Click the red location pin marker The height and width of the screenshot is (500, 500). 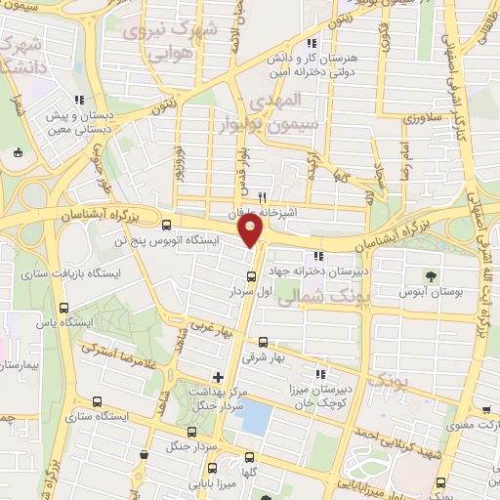pyautogui.click(x=251, y=230)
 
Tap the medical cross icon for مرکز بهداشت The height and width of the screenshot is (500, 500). pyautogui.click(x=217, y=376)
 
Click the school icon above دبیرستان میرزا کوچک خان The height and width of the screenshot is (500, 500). pyautogui.click(x=319, y=374)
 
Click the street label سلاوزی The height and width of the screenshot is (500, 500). pyautogui.click(x=429, y=116)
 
